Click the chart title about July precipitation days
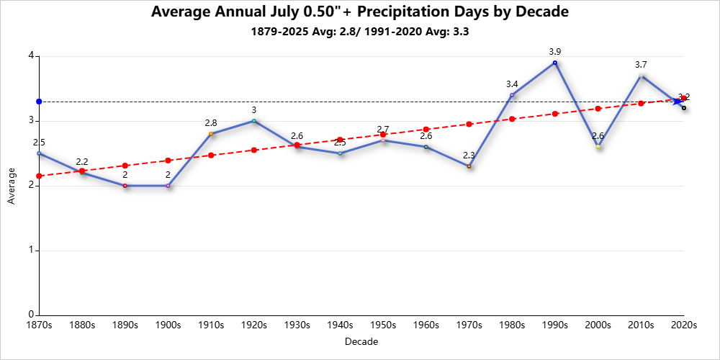click(359, 12)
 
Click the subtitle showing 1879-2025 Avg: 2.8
click(359, 32)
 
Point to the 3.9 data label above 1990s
click(554, 52)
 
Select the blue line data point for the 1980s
click(512, 95)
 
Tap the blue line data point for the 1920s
click(254, 121)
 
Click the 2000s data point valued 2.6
click(598, 147)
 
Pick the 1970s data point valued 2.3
click(469, 166)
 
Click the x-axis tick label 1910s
click(211, 325)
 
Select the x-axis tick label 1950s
click(383, 325)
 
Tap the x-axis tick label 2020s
click(683, 325)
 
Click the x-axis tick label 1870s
click(39, 325)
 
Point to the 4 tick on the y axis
click(32, 56)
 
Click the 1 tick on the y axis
click(32, 251)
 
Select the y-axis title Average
click(11, 186)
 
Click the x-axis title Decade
click(361, 341)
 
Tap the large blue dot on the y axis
click(40, 102)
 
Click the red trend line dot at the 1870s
click(40, 176)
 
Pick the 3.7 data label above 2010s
click(641, 65)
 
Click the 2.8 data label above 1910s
click(211, 123)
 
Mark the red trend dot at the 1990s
click(555, 114)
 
